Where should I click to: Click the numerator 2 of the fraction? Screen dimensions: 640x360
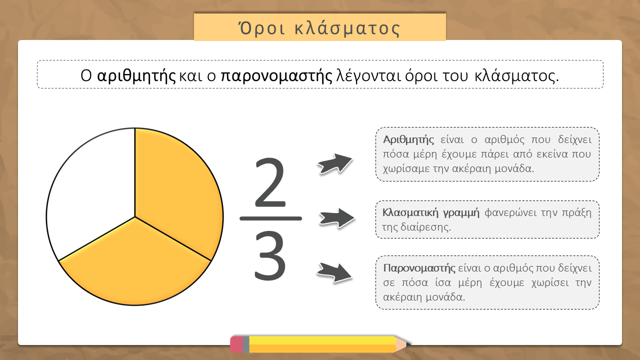(x=270, y=182)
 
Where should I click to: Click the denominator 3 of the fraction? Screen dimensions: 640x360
(x=270, y=255)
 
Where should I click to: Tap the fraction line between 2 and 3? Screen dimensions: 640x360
(x=270, y=218)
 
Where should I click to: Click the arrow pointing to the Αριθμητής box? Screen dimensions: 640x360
(x=335, y=163)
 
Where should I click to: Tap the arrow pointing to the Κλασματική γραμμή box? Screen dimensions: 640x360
(x=337, y=218)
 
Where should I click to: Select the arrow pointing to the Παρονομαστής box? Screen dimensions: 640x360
(x=334, y=272)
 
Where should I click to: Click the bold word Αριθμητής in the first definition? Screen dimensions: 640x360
(x=408, y=139)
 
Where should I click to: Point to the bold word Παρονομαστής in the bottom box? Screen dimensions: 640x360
(x=419, y=268)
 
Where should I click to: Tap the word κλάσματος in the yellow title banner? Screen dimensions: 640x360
(x=347, y=28)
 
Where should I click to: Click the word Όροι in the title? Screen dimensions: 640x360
(x=262, y=28)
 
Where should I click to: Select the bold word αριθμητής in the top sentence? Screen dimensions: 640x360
(x=136, y=76)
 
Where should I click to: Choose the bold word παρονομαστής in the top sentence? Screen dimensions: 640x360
(x=276, y=76)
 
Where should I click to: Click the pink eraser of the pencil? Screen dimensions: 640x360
(x=236, y=344)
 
